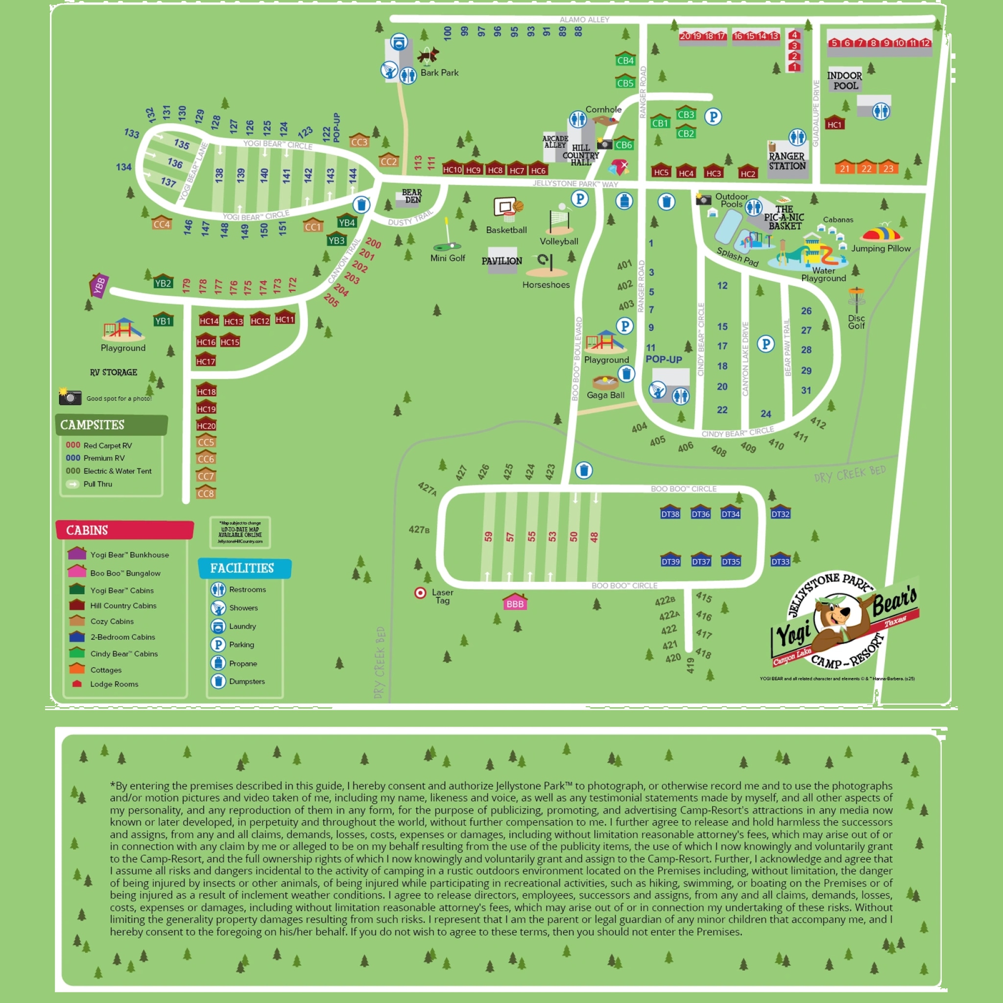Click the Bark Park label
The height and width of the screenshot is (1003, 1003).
439,72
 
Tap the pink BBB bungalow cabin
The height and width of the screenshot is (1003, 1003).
515,603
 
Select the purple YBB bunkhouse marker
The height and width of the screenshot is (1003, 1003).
98,285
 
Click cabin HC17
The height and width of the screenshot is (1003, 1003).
206,360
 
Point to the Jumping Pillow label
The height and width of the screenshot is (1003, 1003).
881,249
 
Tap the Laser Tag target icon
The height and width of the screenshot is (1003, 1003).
420,593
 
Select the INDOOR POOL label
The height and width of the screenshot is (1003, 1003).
845,80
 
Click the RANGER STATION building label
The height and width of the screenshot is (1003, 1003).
787,161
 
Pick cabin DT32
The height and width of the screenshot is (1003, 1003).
780,513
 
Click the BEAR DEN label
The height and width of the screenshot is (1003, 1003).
412,196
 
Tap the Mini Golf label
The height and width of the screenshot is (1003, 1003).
448,258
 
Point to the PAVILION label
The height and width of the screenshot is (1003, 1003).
501,261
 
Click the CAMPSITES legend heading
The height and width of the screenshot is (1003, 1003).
93,425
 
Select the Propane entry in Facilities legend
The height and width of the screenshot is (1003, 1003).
242,664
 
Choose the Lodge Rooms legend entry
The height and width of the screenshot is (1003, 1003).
114,684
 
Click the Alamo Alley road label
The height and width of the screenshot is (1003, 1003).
584,20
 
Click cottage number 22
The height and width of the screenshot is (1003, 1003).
866,167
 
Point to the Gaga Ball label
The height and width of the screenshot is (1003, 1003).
605,395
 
